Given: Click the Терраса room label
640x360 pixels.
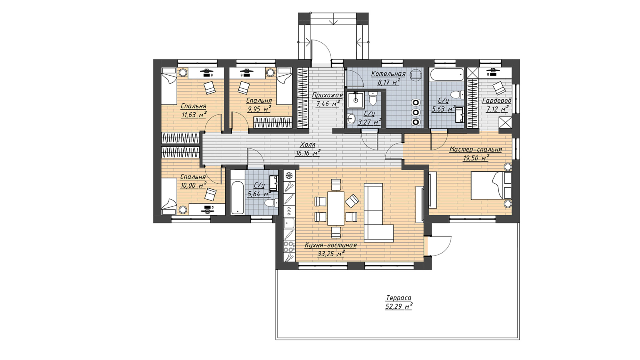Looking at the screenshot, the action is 398,298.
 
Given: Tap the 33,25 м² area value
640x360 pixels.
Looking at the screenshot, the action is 331,254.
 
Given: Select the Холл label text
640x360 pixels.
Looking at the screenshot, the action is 308,144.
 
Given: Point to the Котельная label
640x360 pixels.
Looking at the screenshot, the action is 388,74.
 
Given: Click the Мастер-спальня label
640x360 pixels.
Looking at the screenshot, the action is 476,149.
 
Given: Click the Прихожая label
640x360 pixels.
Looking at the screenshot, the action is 327,95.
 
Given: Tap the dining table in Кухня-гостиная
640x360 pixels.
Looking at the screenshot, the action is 336,208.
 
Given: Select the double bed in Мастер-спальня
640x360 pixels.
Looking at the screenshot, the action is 491,185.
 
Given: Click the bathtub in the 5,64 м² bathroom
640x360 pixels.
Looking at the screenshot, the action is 238,192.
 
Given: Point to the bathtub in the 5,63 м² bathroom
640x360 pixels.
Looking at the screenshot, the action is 446,74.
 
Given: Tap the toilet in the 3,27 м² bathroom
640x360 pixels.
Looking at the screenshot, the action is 373,98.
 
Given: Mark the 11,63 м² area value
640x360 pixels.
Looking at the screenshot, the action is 194,115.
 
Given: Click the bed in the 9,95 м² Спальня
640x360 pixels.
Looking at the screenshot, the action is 284,86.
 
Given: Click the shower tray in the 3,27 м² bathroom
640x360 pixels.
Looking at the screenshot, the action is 356,100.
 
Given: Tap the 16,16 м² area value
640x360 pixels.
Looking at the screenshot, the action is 308,153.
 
